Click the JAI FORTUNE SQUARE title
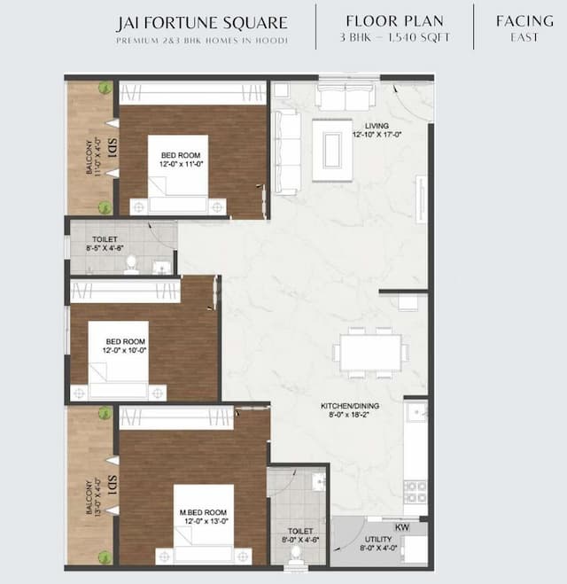pyautogui.click(x=202, y=22)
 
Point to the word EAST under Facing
pyautogui.click(x=525, y=37)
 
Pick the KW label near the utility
pyautogui.click(x=402, y=527)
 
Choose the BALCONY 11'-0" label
pyautogui.click(x=93, y=158)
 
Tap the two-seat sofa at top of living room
pyautogui.click(x=344, y=97)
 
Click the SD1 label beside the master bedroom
pyautogui.click(x=113, y=486)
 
